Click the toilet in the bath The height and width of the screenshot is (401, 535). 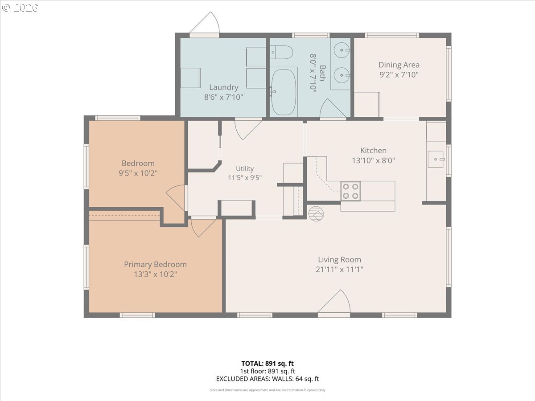(x=281, y=52)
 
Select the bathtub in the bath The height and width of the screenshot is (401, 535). (x=284, y=92)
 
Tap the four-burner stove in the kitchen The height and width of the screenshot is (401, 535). (x=350, y=191)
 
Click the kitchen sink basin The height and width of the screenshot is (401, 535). (x=436, y=159)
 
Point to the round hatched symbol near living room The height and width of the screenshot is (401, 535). (x=316, y=213)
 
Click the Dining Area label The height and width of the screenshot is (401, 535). (x=399, y=65)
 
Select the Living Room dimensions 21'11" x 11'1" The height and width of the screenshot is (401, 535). (x=339, y=270)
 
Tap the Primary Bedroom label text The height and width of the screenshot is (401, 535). (x=155, y=264)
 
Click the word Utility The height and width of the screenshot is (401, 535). (x=245, y=169)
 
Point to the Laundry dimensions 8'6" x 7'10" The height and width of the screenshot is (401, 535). (x=223, y=97)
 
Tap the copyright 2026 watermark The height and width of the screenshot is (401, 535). (x=20, y=8)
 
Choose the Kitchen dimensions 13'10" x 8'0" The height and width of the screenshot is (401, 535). (x=373, y=160)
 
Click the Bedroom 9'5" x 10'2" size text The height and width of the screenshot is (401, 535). (x=138, y=173)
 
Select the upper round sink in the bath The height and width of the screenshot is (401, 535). (x=342, y=50)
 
